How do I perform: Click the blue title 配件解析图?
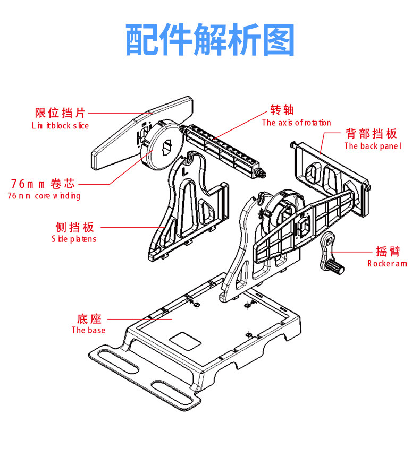tap(209, 40)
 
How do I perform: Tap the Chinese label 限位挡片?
tap(60, 113)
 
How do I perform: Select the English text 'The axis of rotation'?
tap(296, 123)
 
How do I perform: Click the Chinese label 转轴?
tap(282, 110)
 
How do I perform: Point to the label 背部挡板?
tap(371, 133)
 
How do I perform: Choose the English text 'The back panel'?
tap(372, 146)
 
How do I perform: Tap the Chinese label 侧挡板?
tap(75, 227)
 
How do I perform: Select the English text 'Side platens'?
tap(74, 239)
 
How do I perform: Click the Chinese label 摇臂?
tap(388, 251)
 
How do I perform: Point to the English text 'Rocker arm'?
tap(387, 263)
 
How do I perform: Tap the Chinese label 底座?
tap(89, 319)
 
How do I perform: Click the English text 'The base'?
tap(88, 330)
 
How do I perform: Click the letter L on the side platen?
tap(184, 172)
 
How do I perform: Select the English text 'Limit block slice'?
tap(60, 126)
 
